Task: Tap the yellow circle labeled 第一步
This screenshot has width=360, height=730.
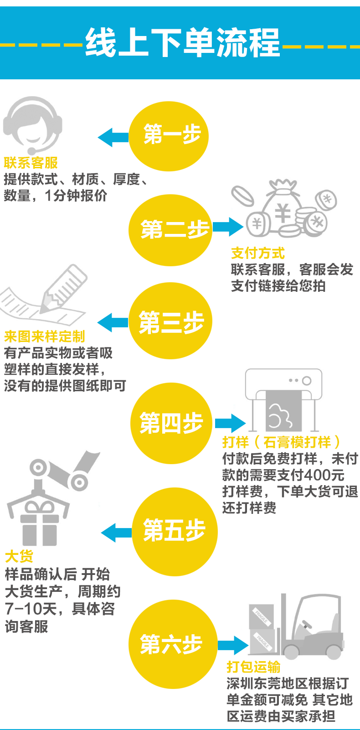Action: tap(169, 136)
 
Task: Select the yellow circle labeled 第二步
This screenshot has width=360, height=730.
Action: tap(170, 229)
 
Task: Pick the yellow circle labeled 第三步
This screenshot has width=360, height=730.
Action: tap(170, 322)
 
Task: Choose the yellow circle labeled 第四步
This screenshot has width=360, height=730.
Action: tap(171, 423)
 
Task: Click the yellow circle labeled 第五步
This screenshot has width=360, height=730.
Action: tap(174, 531)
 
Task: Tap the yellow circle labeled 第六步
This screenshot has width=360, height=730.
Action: tap(172, 644)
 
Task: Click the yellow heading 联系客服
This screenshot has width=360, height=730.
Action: tap(31, 163)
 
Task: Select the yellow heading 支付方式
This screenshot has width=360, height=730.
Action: tap(257, 253)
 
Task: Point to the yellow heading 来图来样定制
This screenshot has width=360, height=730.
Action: tap(44, 337)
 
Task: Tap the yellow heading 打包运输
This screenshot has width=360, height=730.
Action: tap(253, 667)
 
